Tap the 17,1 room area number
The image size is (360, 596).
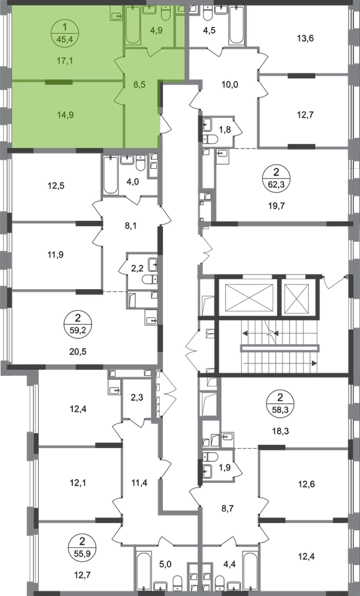click(x=65, y=60)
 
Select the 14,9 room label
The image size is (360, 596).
click(x=65, y=115)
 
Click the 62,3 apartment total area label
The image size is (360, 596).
click(x=277, y=185)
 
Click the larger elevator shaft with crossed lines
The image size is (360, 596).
click(x=250, y=295)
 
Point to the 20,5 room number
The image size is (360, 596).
click(x=78, y=352)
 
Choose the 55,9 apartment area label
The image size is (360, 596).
click(x=83, y=553)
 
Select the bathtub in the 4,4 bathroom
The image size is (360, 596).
click(x=250, y=571)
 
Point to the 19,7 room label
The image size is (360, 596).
click(x=277, y=206)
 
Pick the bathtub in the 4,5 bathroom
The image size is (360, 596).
click(x=236, y=26)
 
